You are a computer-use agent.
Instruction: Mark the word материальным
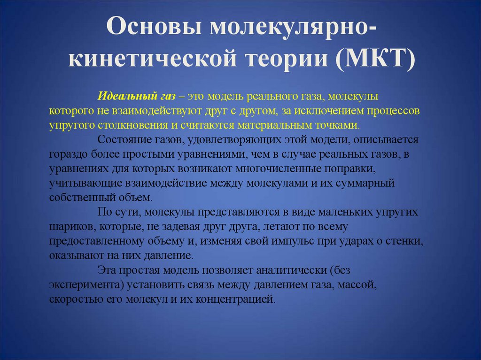[x=287, y=125]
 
